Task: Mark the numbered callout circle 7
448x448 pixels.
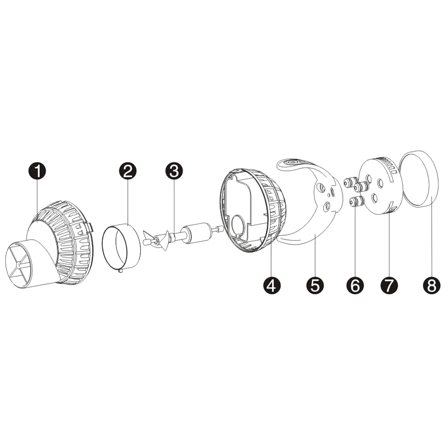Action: tap(389, 285)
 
